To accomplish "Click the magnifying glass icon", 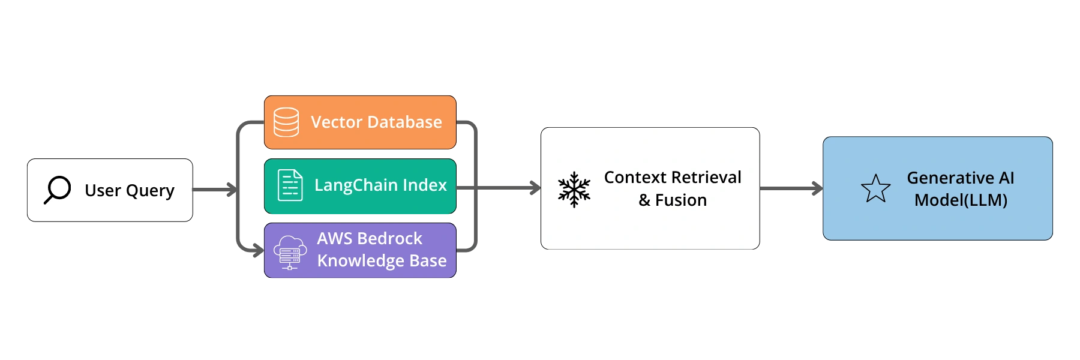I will pos(58,190).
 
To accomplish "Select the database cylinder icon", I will pos(286,122).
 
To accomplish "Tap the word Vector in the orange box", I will pos(336,122).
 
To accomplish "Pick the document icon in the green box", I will pos(290,185).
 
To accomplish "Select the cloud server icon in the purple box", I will pos(290,252).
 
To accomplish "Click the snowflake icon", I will pos(574,190).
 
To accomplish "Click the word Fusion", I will pos(681,200).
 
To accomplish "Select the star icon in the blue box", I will pos(875,188).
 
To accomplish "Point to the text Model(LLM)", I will pos(961,200).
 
